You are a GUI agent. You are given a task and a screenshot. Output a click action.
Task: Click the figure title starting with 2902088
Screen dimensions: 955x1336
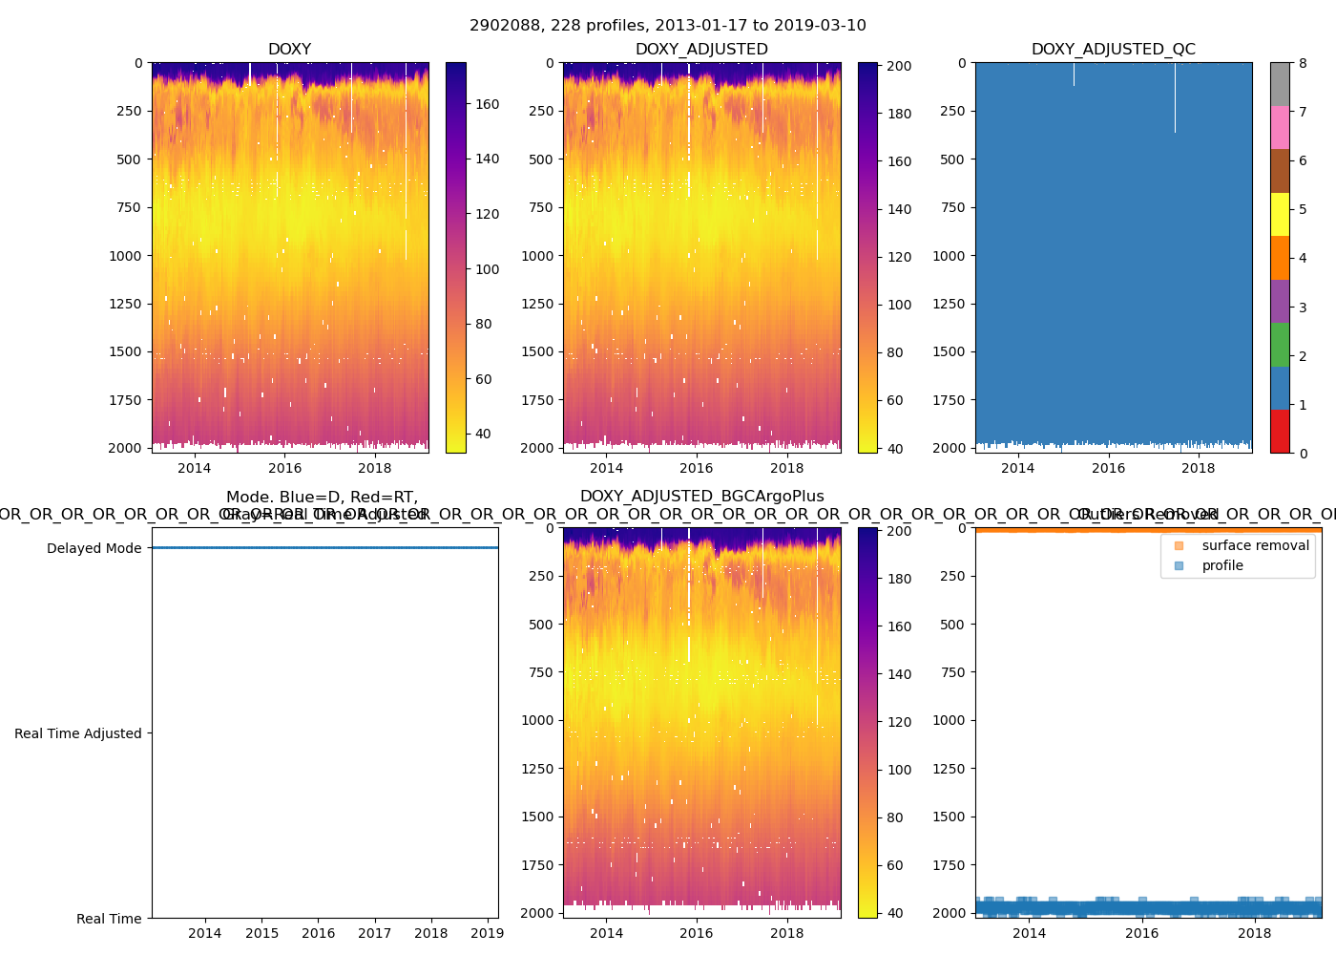pyautogui.click(x=667, y=26)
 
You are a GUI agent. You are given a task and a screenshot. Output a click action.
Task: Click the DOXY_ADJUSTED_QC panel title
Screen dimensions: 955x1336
pyautogui.click(x=1113, y=50)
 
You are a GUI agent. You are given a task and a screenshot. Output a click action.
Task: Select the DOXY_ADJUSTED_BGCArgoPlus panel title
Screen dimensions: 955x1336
pyautogui.click(x=701, y=497)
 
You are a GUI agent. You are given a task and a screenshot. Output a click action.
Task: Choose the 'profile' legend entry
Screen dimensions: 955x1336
pyautogui.click(x=1222, y=565)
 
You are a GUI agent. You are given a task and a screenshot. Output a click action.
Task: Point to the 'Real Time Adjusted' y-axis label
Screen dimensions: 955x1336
pyautogui.click(x=77, y=733)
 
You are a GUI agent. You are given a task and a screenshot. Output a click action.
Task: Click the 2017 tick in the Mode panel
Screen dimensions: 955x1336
pyautogui.click(x=374, y=933)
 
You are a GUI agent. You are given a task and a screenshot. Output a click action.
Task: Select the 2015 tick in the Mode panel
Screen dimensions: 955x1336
pyautogui.click(x=261, y=933)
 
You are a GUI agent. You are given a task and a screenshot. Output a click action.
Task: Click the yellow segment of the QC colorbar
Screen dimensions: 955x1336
pyautogui.click(x=1280, y=214)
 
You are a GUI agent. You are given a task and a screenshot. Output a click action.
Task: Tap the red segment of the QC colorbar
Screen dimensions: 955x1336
pyautogui.click(x=1280, y=431)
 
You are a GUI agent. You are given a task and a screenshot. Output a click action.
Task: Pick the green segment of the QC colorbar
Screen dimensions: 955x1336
pyautogui.click(x=1280, y=344)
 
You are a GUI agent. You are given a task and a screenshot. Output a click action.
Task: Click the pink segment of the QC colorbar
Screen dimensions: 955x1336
pyautogui.click(x=1280, y=127)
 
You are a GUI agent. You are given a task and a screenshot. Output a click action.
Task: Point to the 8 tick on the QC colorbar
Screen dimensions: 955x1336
pyautogui.click(x=1303, y=63)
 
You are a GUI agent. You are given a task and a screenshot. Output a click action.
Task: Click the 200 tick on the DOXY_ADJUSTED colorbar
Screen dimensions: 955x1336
pyautogui.click(x=899, y=66)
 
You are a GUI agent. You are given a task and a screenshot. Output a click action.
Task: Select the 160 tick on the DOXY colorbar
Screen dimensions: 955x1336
pyautogui.click(x=488, y=104)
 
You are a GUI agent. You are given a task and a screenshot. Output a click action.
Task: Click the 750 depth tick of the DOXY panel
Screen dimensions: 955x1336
pyautogui.click(x=129, y=207)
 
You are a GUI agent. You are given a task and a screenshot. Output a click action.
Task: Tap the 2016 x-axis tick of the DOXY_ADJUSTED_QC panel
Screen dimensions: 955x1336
pyautogui.click(x=1108, y=468)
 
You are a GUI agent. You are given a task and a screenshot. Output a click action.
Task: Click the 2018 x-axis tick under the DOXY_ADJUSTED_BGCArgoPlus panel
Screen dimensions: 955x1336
pyautogui.click(x=786, y=933)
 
